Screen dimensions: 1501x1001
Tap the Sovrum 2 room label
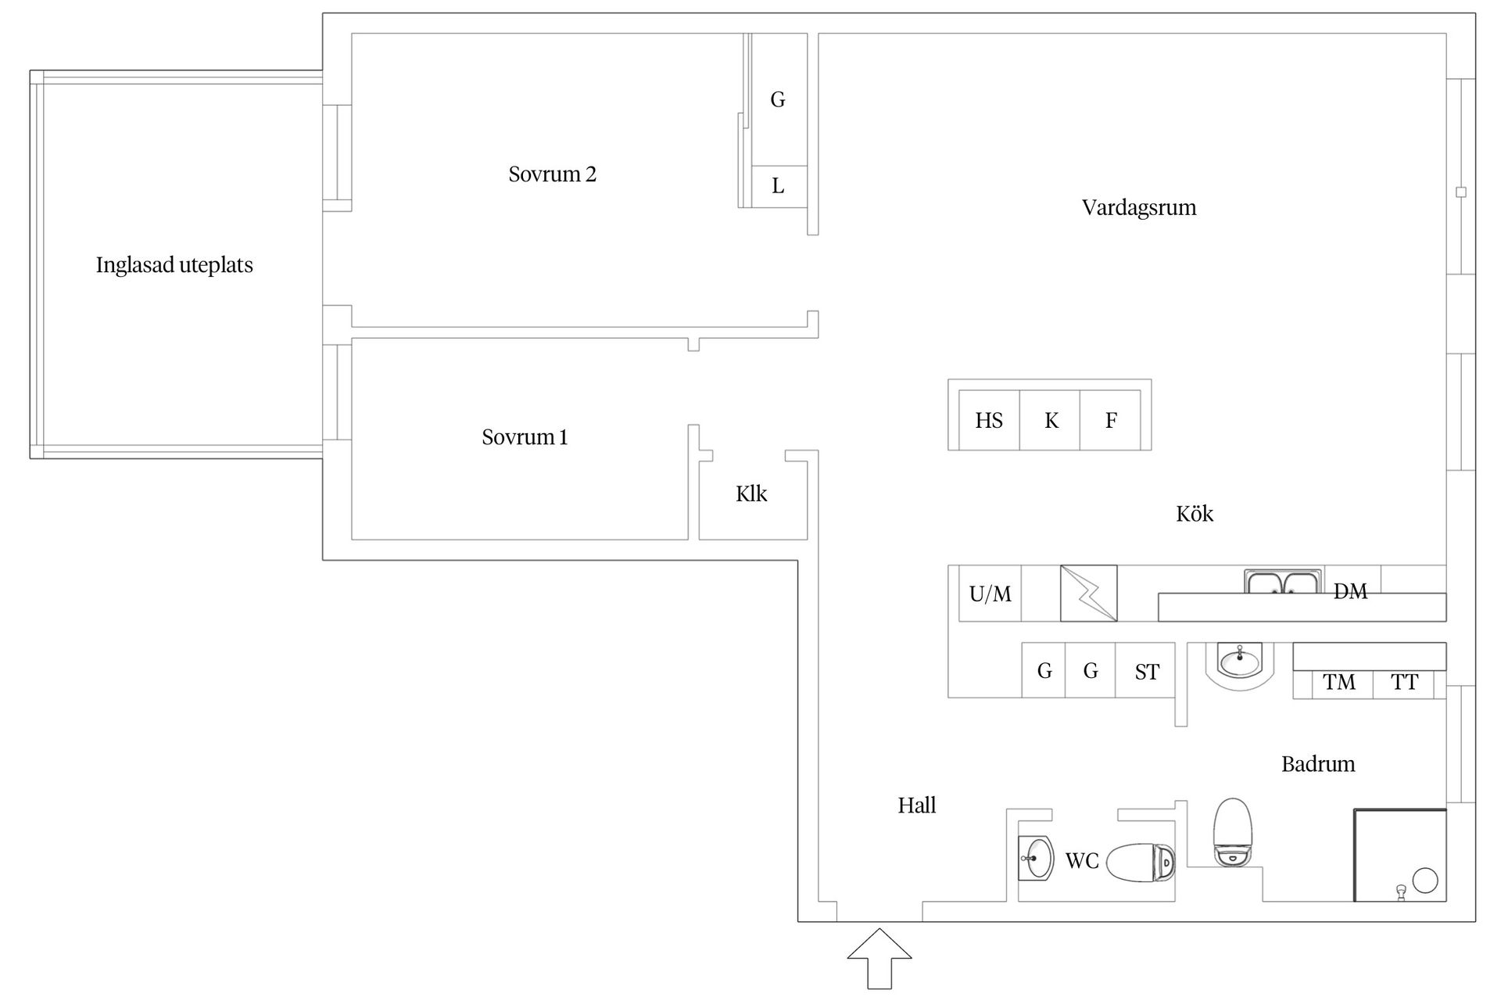tap(552, 174)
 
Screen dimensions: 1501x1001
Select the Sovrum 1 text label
tap(525, 437)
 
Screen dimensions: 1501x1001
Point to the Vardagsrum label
tap(1139, 207)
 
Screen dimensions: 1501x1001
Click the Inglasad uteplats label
tap(174, 265)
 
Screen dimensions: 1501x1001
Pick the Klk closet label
tap(751, 493)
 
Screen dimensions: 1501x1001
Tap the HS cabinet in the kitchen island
tap(989, 420)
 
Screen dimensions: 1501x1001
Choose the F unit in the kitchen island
tap(1110, 420)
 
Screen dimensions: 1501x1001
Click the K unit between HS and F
tap(1050, 420)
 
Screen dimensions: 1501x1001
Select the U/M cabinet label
tap(990, 594)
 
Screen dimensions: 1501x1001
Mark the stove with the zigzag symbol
tap(1089, 594)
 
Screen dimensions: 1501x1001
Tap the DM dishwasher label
tap(1350, 591)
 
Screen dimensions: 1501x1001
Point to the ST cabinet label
tap(1147, 672)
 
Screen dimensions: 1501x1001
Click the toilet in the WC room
tap(1141, 863)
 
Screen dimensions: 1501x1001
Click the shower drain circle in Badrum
tap(1426, 881)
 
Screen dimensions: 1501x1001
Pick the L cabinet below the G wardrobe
tap(779, 186)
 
